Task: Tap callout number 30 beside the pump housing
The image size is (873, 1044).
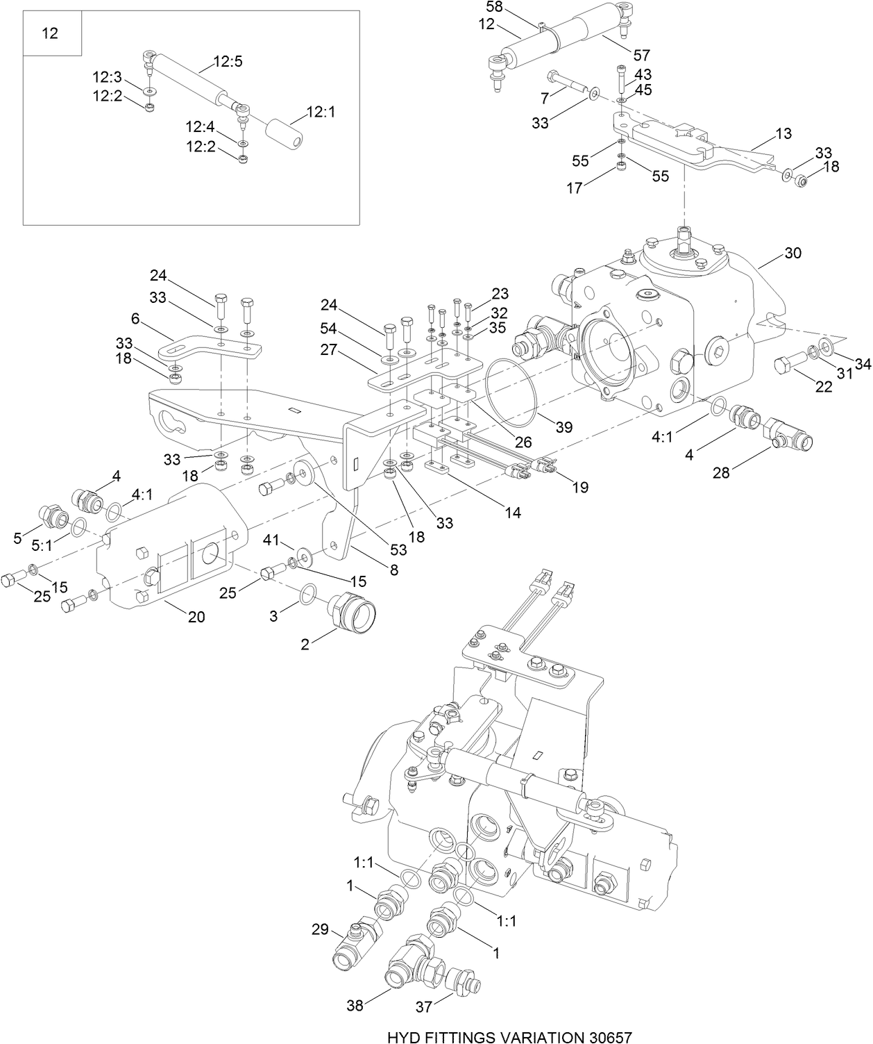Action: point(793,253)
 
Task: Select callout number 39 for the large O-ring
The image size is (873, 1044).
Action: point(563,426)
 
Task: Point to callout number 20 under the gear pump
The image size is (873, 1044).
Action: point(196,616)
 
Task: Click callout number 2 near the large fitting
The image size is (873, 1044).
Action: point(305,644)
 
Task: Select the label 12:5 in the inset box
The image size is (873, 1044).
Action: point(228,61)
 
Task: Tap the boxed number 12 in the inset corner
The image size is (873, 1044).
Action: point(51,33)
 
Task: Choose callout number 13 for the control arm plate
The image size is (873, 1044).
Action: point(783,134)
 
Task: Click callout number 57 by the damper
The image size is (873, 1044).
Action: point(641,54)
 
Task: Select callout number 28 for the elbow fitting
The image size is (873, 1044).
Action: point(722,473)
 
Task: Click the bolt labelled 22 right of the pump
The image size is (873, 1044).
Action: point(788,366)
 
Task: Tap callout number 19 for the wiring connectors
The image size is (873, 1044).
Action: point(580,487)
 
